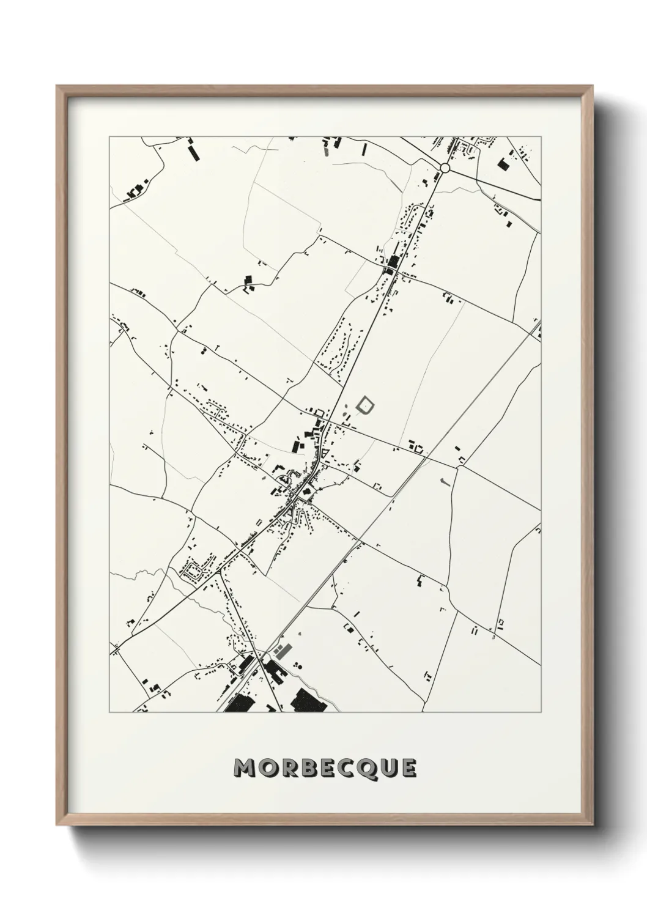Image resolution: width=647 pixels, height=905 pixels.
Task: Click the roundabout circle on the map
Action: pos(445,168)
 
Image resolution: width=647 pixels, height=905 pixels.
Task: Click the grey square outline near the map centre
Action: pos(365,405)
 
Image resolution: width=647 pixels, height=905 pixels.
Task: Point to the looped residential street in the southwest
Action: pos(195,572)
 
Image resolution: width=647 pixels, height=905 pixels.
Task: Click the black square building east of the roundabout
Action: pos(503,163)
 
